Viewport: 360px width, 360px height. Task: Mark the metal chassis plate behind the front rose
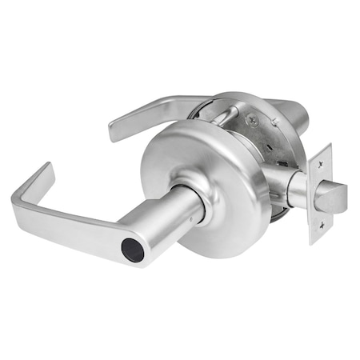coord(272,144)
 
